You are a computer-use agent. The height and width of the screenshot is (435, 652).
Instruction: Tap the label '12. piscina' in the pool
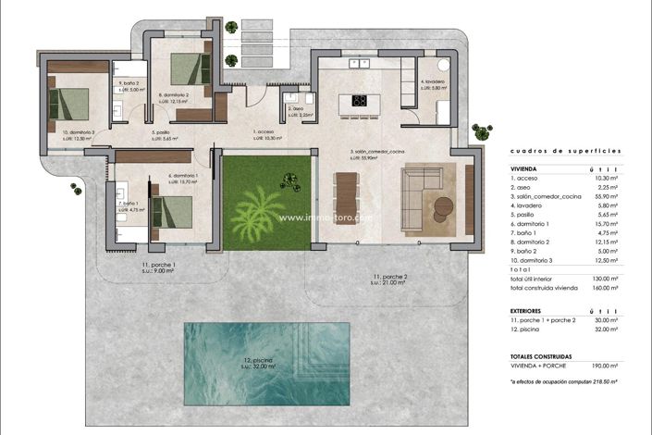[x=242, y=361]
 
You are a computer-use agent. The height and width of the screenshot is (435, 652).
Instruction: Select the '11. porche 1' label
[x=159, y=266]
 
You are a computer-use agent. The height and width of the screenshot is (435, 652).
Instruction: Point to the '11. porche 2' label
[x=389, y=277]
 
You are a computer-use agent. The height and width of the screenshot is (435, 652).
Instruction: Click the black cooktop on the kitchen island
[x=361, y=101]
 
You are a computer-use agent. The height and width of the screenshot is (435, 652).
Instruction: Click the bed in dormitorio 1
[x=172, y=211]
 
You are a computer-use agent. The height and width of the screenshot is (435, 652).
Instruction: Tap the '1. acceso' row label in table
[x=526, y=178]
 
